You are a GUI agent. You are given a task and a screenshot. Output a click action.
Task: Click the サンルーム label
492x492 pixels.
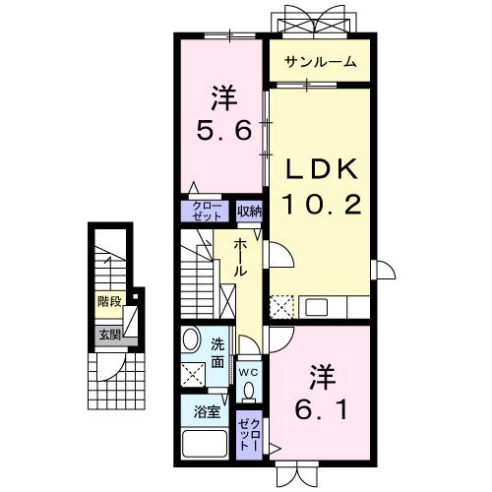point(321,64)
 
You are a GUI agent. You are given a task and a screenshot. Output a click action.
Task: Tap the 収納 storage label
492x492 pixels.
point(249,211)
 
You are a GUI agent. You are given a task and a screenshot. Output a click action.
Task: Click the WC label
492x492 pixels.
point(248,372)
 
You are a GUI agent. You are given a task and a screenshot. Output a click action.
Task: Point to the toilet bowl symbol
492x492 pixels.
point(248,391)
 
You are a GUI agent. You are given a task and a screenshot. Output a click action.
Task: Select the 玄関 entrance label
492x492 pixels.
point(107,335)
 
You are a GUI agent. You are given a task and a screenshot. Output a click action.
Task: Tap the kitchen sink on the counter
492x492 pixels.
point(318,306)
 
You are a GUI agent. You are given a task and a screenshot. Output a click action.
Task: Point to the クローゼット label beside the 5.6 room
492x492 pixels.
point(206,210)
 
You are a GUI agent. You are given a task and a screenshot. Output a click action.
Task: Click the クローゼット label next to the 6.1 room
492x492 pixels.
point(248,434)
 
